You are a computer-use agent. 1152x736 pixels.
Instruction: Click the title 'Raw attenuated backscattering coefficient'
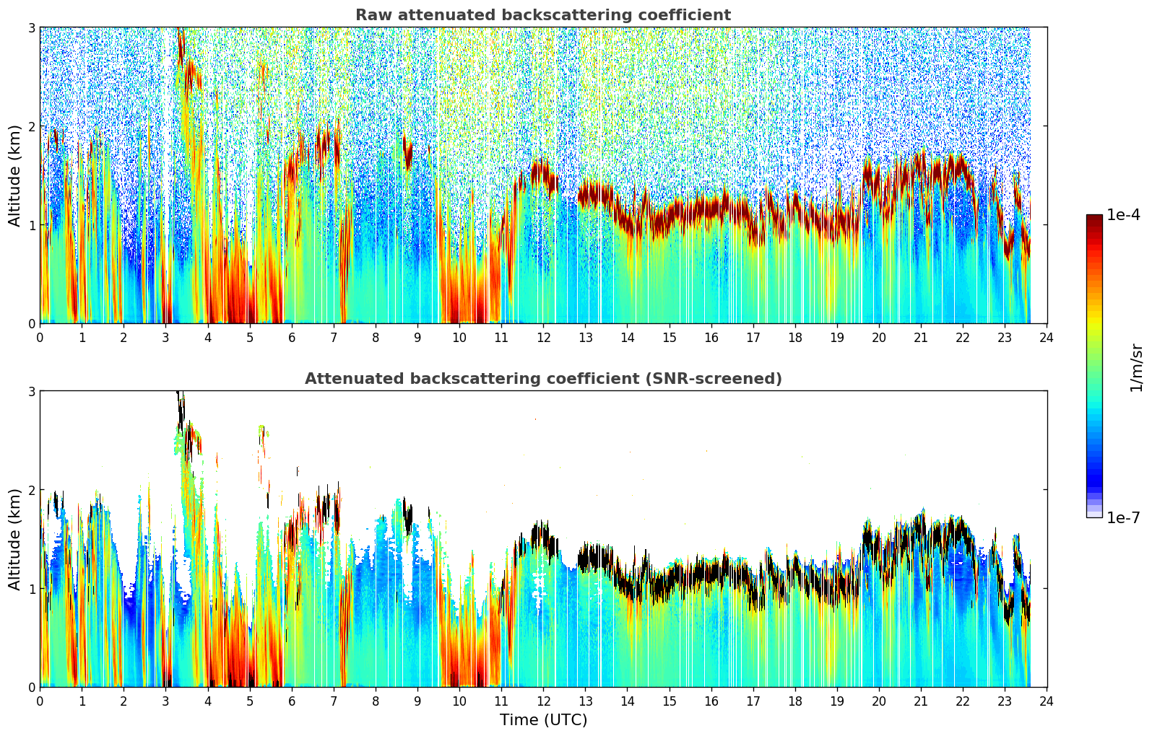tap(542, 15)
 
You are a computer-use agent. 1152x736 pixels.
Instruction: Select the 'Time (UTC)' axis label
tap(543, 720)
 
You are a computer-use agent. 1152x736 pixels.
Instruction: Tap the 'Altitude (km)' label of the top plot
tap(14, 175)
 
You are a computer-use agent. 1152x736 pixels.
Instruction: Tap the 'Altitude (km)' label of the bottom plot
tap(14, 539)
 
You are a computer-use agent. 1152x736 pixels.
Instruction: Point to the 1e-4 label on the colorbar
tap(1123, 215)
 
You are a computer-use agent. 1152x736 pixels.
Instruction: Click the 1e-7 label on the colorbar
tap(1123, 517)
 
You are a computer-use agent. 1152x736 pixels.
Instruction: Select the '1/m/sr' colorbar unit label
tap(1136, 367)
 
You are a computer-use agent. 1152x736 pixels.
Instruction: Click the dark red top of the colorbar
tap(1094, 219)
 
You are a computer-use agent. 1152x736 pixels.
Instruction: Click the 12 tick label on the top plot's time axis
tap(543, 338)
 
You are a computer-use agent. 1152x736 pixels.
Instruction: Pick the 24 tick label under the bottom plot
tap(1047, 701)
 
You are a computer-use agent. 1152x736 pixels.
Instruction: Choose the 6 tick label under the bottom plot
tap(292, 701)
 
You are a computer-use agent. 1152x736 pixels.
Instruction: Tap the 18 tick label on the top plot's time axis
tap(795, 338)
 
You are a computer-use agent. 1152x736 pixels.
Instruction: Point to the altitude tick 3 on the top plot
tap(32, 27)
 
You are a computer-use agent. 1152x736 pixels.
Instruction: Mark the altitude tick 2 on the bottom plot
tap(32, 490)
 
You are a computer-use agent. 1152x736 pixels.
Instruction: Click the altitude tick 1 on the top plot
tap(32, 225)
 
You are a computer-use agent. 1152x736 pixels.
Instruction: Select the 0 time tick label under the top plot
tap(40, 338)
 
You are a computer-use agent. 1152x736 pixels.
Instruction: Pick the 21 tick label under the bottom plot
tap(921, 701)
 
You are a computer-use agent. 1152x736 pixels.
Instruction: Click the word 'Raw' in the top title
tap(371, 15)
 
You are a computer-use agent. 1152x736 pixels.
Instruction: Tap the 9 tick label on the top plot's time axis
tap(417, 338)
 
